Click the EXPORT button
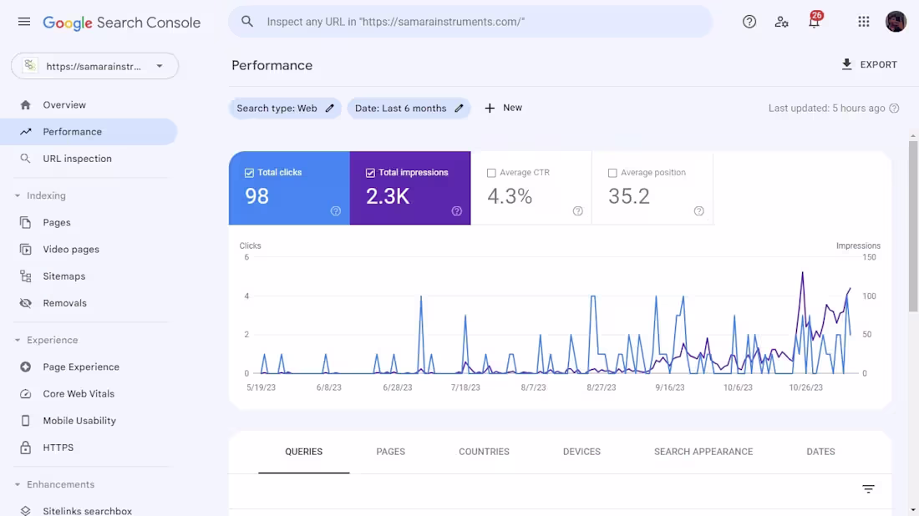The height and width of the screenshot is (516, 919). click(869, 64)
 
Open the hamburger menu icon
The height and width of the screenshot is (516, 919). click(24, 22)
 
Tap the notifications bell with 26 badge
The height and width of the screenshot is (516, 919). click(814, 23)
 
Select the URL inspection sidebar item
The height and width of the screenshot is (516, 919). click(77, 159)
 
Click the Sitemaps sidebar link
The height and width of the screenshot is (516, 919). click(64, 276)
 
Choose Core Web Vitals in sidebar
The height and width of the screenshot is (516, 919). click(79, 394)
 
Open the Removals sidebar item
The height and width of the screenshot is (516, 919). click(64, 303)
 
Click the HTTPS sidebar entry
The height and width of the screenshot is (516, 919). click(58, 448)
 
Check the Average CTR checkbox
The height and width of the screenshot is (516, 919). click(491, 173)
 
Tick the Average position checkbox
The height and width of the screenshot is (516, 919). click(612, 173)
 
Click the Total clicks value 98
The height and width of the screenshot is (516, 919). click(257, 196)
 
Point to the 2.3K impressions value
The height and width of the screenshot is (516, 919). click(388, 196)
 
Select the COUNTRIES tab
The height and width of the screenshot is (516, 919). click(484, 452)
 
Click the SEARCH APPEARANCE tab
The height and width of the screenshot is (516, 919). click(703, 452)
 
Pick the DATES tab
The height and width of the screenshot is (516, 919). click(820, 452)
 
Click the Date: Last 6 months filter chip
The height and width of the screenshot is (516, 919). click(409, 109)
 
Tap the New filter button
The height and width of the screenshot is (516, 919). click(503, 108)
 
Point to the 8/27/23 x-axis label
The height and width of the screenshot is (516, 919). click(602, 387)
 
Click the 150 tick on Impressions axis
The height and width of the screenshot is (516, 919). click(869, 257)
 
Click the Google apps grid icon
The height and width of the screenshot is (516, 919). click(864, 23)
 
